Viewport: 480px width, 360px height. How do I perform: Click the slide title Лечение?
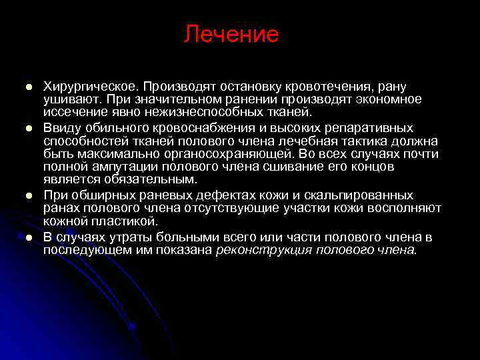[231, 34]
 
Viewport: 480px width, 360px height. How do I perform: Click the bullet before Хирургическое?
[29, 87]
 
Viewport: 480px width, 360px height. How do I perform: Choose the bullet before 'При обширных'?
[29, 195]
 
